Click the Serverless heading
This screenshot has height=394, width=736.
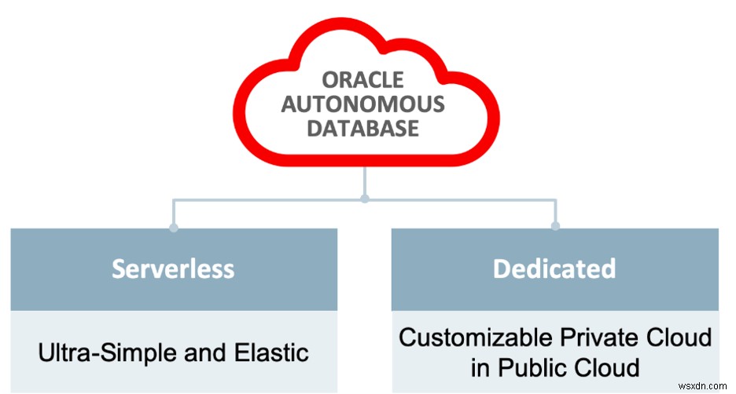coord(173,268)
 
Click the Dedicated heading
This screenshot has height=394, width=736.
coord(554,268)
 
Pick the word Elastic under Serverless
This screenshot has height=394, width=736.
coord(271,352)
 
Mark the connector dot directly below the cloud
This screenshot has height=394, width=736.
coord(364,199)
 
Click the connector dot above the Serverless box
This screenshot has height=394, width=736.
coord(174,228)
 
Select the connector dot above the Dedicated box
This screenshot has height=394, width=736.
coord(555,227)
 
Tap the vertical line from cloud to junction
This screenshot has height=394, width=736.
coord(364,181)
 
